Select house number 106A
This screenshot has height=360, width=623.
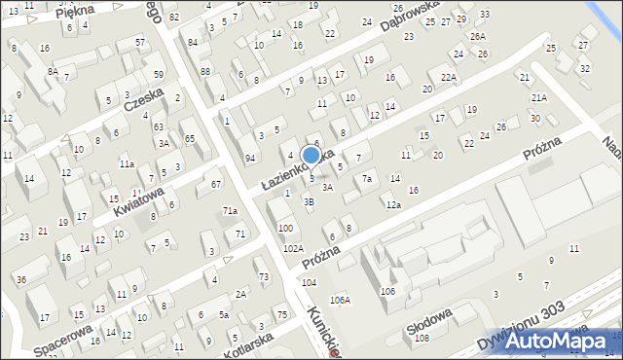(x=340, y=300)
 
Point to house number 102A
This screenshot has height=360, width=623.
(x=293, y=249)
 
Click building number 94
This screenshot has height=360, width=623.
(x=250, y=158)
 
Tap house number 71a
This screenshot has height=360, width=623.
(x=230, y=210)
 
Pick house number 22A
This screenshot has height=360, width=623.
(x=448, y=78)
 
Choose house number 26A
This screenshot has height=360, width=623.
(x=477, y=36)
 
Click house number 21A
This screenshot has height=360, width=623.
(x=538, y=98)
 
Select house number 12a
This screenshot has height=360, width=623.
(x=392, y=205)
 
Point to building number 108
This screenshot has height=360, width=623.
(x=421, y=339)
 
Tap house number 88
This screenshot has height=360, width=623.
(x=204, y=71)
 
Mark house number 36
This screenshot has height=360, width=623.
(x=20, y=280)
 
